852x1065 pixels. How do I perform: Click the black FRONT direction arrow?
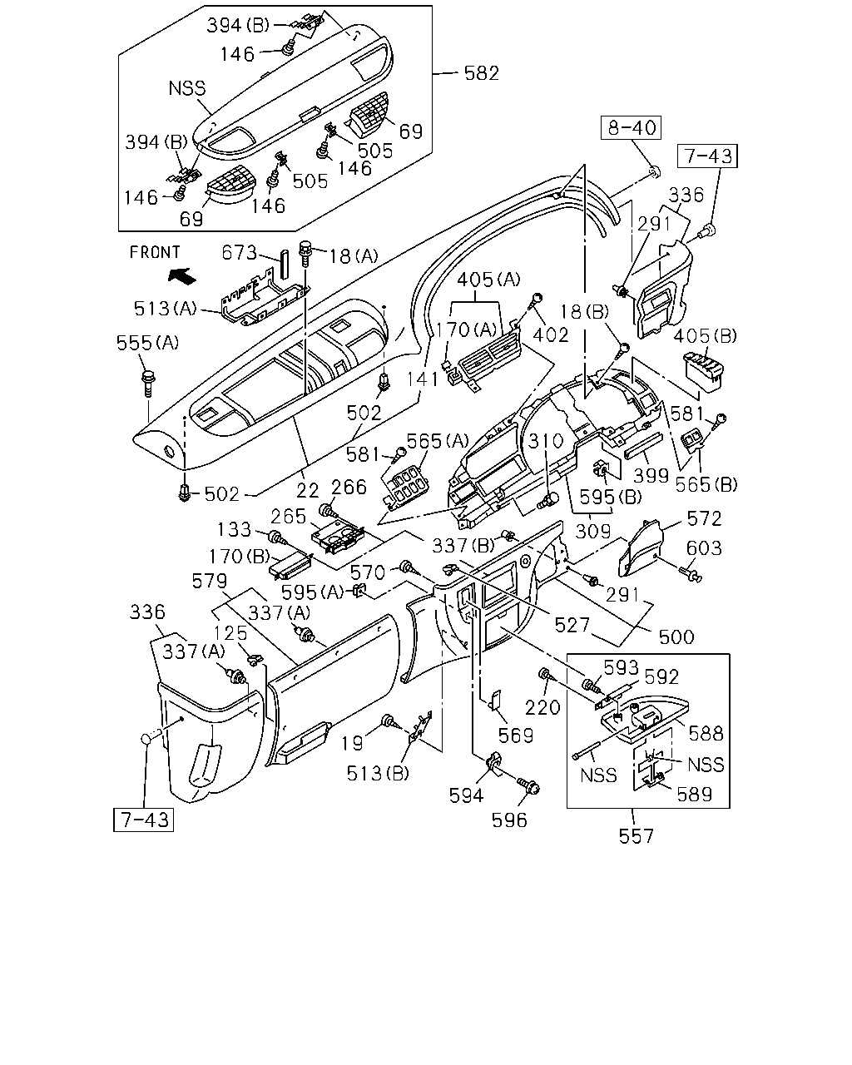click(181, 275)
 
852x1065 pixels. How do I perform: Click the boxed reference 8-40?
click(632, 127)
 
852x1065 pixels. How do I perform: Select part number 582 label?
click(481, 73)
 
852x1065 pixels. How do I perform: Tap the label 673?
click(239, 253)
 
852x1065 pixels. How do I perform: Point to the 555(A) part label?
click(147, 343)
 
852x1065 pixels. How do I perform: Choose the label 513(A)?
click(166, 309)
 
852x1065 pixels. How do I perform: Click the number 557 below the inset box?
click(637, 836)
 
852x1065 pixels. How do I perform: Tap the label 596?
click(509, 820)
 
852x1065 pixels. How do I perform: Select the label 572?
click(704, 518)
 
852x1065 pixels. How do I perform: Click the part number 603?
click(703, 547)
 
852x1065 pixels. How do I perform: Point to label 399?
click(651, 476)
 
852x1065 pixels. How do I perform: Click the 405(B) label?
click(705, 336)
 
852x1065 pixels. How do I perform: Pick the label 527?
click(572, 626)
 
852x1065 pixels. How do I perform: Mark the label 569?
click(516, 736)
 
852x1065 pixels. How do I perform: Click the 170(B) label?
click(240, 557)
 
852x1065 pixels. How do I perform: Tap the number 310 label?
click(546, 440)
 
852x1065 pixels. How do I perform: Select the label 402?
click(551, 335)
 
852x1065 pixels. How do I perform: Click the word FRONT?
click(155, 252)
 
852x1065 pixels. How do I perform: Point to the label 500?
click(676, 637)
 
